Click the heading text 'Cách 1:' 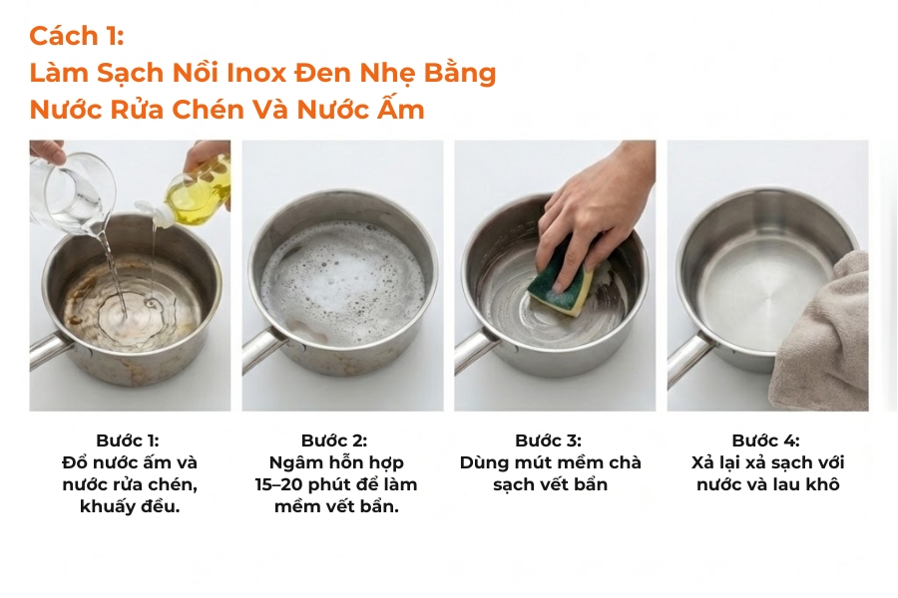(x=76, y=36)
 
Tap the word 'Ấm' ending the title (x=400, y=109)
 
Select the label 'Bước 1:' (x=128, y=441)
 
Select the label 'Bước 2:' (x=334, y=441)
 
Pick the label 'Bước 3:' (x=548, y=441)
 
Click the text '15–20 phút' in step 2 (x=297, y=484)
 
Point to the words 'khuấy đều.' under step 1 (x=130, y=506)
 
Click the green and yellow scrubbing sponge (x=559, y=279)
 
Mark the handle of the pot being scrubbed (x=475, y=350)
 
